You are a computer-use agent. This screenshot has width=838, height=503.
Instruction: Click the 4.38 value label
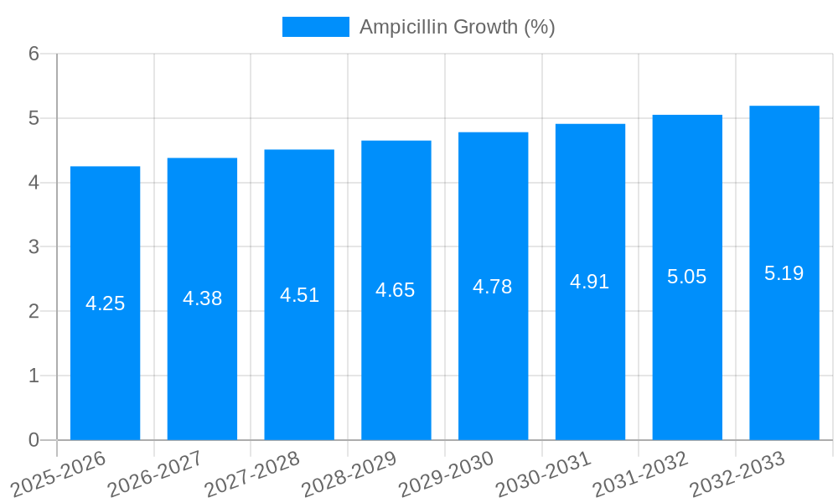202,298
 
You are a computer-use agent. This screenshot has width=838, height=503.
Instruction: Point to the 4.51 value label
299,295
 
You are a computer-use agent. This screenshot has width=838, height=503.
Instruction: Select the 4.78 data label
493,287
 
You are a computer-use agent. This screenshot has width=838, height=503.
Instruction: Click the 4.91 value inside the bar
590,282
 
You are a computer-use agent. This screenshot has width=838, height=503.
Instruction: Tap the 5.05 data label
687,277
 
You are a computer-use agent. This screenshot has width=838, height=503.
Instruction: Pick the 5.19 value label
784,273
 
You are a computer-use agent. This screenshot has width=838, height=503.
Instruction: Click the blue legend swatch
315,27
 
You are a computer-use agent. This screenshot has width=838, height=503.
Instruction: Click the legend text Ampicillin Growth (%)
458,27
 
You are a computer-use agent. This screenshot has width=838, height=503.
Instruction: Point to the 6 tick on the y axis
34,54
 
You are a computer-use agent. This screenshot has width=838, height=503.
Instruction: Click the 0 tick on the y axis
34,440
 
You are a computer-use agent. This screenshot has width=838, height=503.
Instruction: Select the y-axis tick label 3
34,247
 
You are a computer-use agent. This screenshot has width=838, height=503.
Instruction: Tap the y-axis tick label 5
34,118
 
